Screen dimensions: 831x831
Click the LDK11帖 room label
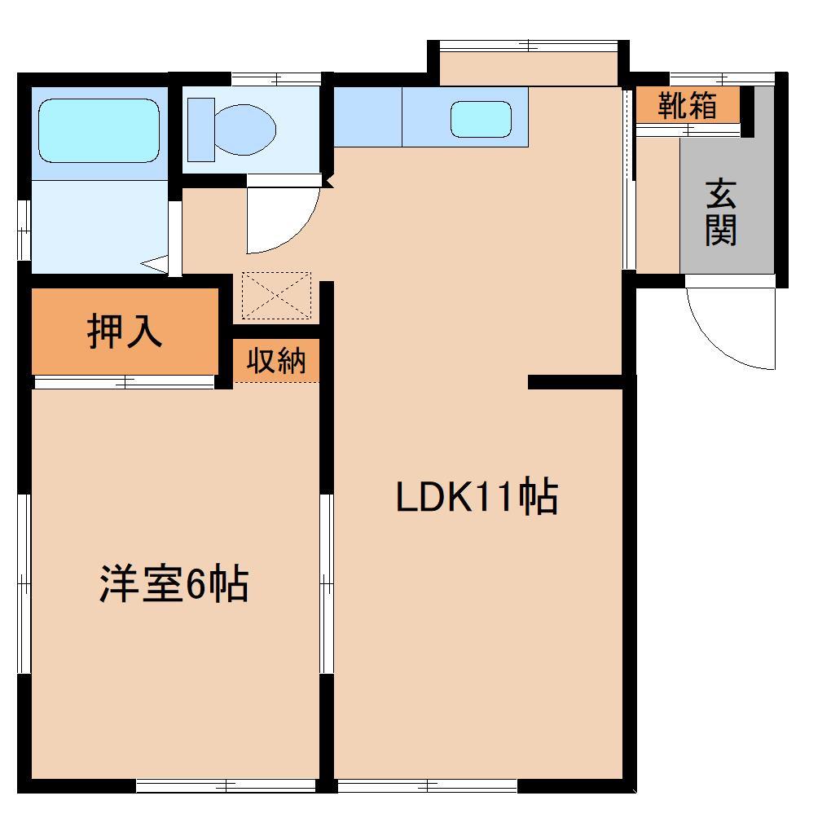[x=477, y=498]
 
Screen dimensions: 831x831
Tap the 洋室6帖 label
[x=174, y=583]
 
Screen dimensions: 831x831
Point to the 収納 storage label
[x=277, y=360]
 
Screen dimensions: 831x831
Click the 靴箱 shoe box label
[x=688, y=105]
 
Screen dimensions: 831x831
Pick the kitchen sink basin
[x=481, y=119]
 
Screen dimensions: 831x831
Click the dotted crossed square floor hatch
[x=277, y=295]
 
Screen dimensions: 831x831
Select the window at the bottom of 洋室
[x=226, y=785]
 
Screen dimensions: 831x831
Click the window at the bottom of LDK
[x=427, y=785]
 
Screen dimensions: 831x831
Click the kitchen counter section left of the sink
[x=367, y=117]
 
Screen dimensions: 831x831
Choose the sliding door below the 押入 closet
[x=124, y=380]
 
